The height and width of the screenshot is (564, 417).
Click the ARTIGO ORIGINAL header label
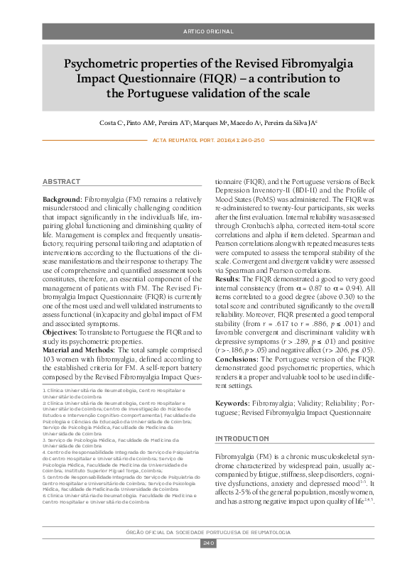(208, 33)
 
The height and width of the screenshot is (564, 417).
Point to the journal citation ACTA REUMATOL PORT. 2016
(208, 140)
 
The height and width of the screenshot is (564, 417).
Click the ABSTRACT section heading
(62, 183)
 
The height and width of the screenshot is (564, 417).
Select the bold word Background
(63, 200)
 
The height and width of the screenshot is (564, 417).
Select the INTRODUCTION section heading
(243, 439)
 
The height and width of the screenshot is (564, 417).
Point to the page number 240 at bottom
(208, 543)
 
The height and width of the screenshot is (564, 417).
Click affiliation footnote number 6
(44, 499)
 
